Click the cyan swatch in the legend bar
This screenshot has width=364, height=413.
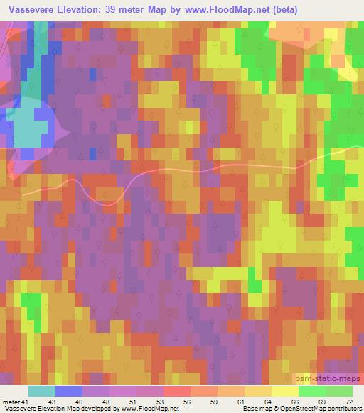[x=42, y=391]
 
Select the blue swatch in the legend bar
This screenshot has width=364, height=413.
[x=69, y=391]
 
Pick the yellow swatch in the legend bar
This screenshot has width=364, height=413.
[x=285, y=391]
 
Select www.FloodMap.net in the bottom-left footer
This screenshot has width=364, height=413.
[x=156, y=409]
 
